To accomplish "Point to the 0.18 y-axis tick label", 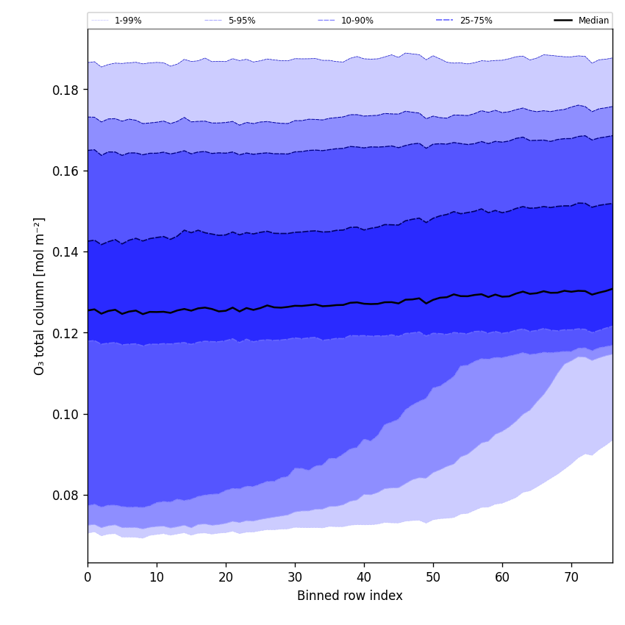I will coord(66,90).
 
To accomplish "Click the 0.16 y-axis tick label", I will coord(66,171).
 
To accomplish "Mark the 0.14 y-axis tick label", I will coord(66,252).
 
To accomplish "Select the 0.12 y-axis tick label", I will coord(66,333).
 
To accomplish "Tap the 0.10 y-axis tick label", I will coord(66,414).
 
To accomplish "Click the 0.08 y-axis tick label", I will coord(66,496).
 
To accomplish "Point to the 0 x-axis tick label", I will coord(87,577).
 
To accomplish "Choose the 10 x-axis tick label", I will coord(157,577).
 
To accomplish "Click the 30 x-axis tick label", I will coord(295,577).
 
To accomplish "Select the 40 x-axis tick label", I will coord(364,577).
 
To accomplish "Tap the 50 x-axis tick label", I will coord(433,577).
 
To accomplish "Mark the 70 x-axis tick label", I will coord(571,577).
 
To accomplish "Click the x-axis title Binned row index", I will coord(350,596).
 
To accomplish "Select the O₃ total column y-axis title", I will coord(40,296).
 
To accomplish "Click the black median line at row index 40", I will coord(364,303).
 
